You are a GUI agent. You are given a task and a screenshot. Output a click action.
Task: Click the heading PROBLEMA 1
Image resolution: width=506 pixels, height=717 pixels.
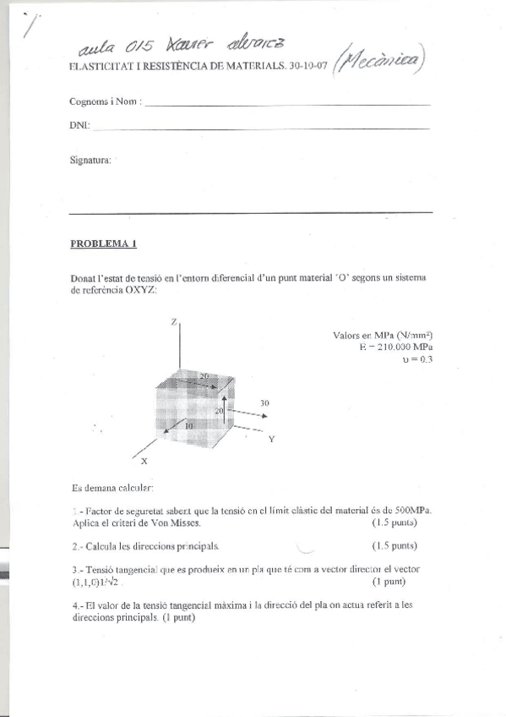coord(103,244)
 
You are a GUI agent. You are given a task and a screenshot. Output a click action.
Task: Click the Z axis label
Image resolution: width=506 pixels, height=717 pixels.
coord(173,322)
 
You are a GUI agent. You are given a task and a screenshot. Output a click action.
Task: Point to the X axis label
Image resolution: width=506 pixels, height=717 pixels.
coord(144,461)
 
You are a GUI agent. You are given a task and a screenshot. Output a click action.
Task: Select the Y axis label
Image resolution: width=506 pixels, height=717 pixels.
coord(271,440)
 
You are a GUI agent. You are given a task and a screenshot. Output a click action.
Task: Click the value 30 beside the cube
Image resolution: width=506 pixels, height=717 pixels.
coord(264,404)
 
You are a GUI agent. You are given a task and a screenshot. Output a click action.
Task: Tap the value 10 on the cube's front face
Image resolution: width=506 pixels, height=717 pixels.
coord(188,425)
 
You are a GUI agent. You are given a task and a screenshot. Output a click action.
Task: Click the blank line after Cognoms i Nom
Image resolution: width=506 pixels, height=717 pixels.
coord(287,103)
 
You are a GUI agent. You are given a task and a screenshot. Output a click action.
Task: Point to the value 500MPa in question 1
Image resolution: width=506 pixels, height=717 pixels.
coord(413,511)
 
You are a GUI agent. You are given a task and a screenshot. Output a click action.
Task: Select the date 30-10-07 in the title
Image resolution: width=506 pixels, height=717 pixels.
coord(307,65)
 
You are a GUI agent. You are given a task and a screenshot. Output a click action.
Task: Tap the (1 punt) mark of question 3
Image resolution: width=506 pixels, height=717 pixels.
coord(389,583)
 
